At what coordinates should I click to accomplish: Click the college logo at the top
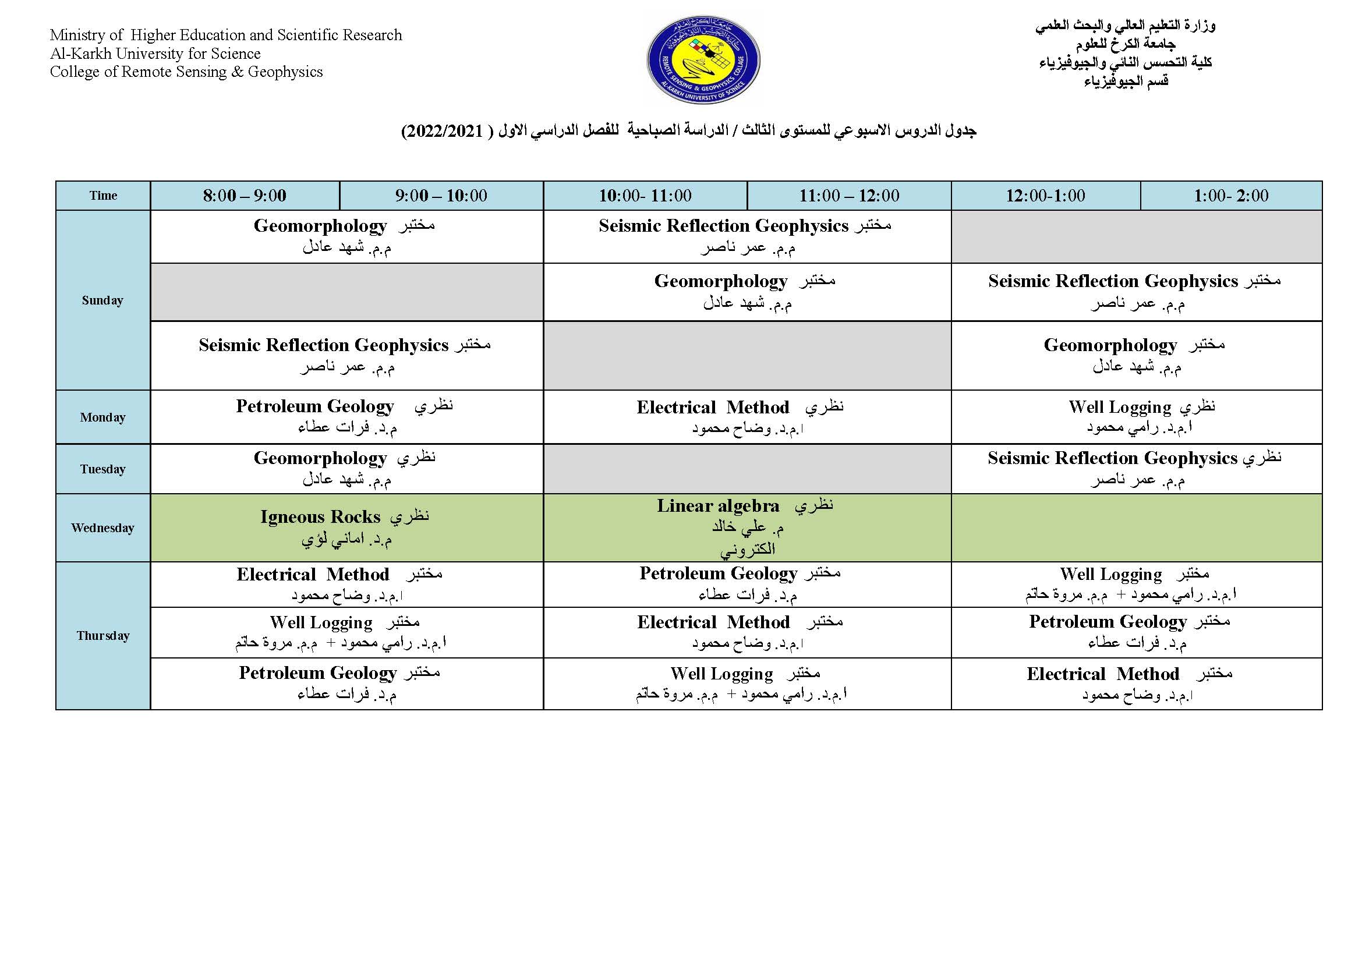[x=703, y=61]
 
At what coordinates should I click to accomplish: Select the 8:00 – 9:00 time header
[x=245, y=196]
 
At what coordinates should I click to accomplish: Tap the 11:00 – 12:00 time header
[x=849, y=196]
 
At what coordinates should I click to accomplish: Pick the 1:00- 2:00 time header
[x=1231, y=196]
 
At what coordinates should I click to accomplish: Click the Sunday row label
[x=102, y=300]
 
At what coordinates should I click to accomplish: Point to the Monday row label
[x=102, y=417]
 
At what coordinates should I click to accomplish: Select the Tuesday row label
[x=102, y=469]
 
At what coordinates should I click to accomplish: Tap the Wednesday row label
[x=102, y=527]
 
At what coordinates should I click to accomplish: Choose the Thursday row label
[x=102, y=636]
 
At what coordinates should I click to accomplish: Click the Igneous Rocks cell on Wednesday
[x=346, y=527]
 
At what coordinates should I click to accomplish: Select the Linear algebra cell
[x=747, y=527]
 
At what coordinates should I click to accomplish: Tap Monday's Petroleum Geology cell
[x=346, y=416]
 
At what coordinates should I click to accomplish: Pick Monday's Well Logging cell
[x=1137, y=416]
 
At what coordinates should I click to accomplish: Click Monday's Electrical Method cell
[x=747, y=416]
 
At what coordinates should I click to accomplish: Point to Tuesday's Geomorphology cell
[x=346, y=469]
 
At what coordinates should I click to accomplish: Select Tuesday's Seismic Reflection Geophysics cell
[x=1137, y=469]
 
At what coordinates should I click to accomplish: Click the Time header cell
[x=103, y=196]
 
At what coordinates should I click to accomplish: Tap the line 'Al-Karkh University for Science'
[x=155, y=54]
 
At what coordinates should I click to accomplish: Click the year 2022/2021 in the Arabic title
[x=443, y=131]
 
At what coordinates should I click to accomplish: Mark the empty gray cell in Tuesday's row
[x=747, y=469]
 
